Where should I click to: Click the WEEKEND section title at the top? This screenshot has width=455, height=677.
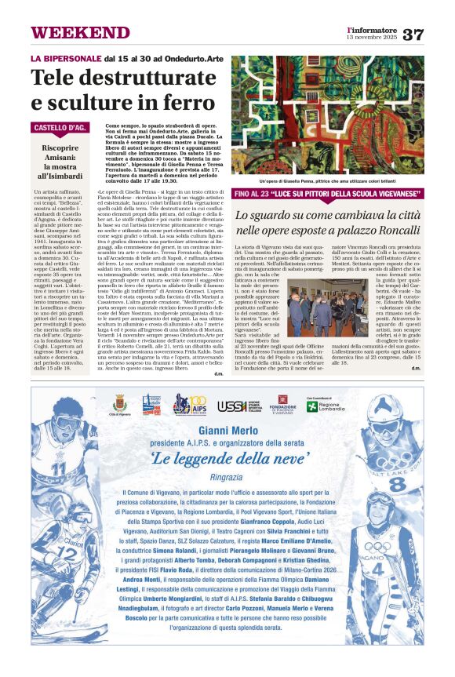(x=70, y=33)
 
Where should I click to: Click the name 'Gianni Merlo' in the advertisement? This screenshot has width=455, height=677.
(x=227, y=431)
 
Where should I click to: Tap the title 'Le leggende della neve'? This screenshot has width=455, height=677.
(x=227, y=459)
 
